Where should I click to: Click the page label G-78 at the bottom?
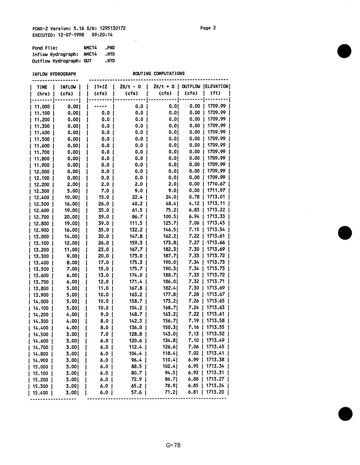(173, 445)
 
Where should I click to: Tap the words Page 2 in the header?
(208, 28)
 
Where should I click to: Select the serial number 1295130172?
(113, 28)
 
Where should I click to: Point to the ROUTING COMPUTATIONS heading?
(159, 73)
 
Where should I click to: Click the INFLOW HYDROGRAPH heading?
(54, 74)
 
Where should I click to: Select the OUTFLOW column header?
(191, 87)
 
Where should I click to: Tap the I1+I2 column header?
(100, 87)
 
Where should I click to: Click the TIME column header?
(42, 87)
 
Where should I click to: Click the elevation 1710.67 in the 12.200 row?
(216, 184)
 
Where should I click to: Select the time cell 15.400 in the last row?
(41, 393)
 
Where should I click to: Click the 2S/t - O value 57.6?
(136, 393)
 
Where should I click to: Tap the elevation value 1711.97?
(216, 191)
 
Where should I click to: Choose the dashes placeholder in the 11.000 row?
(100, 106)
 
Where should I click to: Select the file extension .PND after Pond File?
(110, 48)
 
